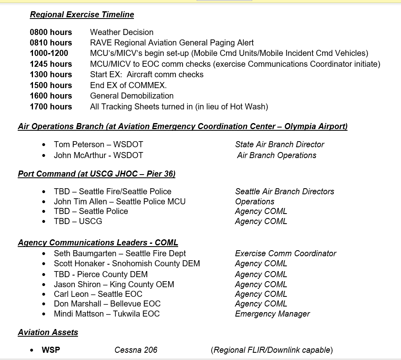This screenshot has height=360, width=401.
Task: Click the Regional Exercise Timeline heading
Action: (x=82, y=15)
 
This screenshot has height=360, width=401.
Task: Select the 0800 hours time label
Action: (x=51, y=32)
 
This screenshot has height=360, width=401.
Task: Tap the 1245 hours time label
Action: (x=51, y=64)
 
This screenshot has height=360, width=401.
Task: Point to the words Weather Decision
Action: (x=121, y=32)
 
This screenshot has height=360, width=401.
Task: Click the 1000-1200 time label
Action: (x=49, y=53)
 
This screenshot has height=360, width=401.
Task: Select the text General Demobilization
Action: (x=132, y=96)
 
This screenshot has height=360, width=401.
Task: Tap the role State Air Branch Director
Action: (x=280, y=144)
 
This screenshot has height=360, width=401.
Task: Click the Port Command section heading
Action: (x=97, y=174)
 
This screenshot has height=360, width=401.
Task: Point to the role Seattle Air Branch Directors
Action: (x=284, y=191)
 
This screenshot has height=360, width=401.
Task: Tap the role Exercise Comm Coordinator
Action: (x=286, y=253)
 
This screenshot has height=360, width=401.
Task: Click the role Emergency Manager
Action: (x=272, y=314)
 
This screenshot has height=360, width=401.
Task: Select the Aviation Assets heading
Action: (x=48, y=332)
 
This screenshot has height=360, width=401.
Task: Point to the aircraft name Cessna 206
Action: (x=136, y=350)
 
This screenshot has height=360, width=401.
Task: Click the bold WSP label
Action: (x=51, y=350)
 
